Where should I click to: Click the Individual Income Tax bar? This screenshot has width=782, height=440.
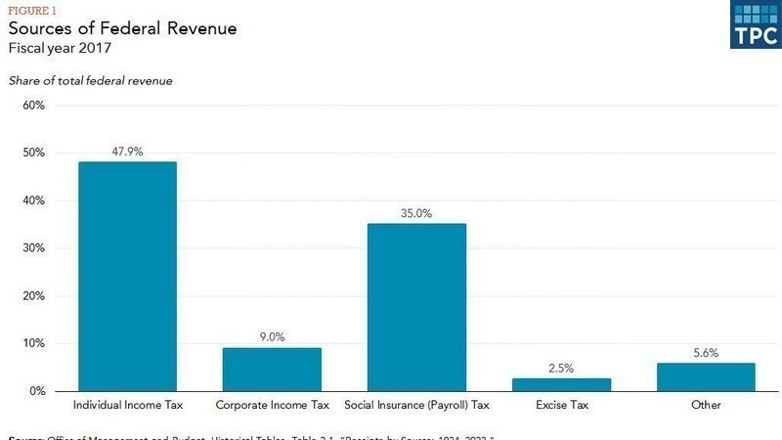pos(127,276)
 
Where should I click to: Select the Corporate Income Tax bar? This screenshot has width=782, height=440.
pos(272,369)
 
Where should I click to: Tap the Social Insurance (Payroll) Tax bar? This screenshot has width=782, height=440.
pos(416,307)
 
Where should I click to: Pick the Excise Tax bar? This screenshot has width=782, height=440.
pos(561,384)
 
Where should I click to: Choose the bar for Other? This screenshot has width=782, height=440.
pos(706,376)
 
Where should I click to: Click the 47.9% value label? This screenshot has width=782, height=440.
pos(127,152)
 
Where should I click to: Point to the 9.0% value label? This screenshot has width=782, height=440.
pos(272,337)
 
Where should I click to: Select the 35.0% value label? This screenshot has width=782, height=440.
pos(416,213)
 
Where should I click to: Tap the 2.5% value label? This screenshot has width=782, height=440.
pos(561,368)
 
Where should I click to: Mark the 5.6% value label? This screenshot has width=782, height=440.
pos(706,353)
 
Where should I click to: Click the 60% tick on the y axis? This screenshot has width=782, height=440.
pos(34,106)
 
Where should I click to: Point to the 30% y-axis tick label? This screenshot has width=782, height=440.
pos(34,248)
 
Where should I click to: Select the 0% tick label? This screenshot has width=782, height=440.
pos(37,391)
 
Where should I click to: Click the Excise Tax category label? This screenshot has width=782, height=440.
pos(561,404)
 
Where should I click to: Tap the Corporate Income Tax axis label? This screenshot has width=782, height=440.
pos(272,404)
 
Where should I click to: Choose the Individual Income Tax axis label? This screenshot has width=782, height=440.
pos(127,404)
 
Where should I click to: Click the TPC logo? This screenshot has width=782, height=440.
pos(756,24)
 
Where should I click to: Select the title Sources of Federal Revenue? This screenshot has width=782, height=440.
pos(122,28)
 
